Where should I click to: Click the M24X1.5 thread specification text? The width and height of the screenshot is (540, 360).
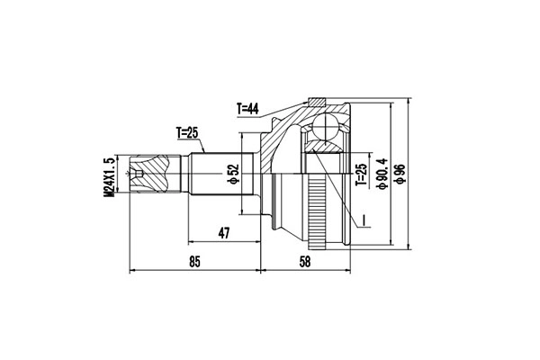click(x=111, y=175)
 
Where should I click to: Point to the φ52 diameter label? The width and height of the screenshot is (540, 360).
click(x=232, y=171)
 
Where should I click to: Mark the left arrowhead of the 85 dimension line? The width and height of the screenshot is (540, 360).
click(x=133, y=269)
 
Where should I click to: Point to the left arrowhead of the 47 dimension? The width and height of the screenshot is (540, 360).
click(x=190, y=241)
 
